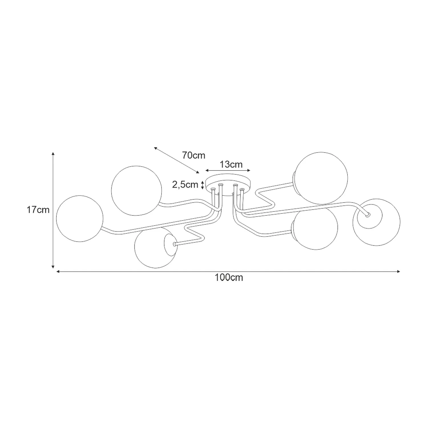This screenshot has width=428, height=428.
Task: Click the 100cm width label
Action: tap(229, 277)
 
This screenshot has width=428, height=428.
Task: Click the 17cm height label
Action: tap(38, 210)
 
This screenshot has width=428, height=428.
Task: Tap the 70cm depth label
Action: tap(194, 156)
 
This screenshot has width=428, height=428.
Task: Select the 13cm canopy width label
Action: tap(231, 165)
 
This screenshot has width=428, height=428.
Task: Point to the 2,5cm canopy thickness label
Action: tap(185, 185)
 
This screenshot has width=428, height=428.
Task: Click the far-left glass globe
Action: tap(80, 219)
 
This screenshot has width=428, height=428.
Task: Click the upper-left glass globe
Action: tap(135, 191)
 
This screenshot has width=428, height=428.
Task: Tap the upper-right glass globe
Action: tap(321, 178)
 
